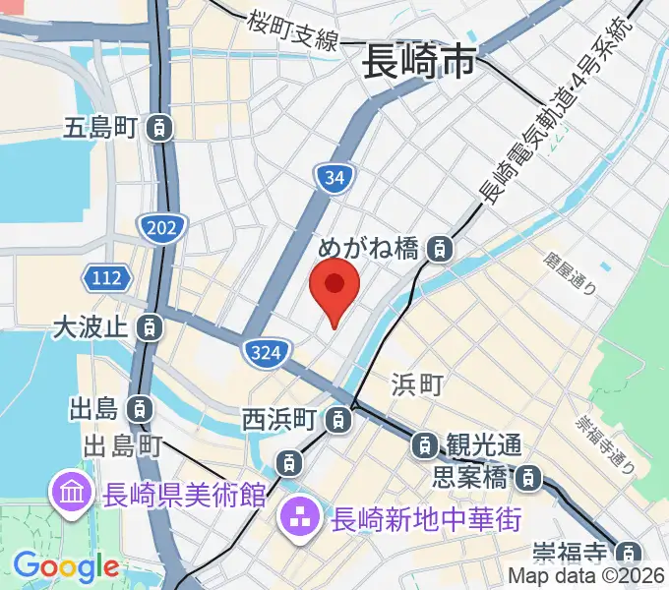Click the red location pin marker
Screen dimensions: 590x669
coord(334,286)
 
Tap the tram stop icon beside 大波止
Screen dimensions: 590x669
coord(150,325)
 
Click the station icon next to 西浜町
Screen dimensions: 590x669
coord(338,420)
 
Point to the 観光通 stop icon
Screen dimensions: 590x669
coord(424,444)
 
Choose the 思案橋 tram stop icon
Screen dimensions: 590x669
coord(529,479)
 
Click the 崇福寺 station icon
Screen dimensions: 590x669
coord(630,552)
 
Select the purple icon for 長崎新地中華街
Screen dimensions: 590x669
coord(297,516)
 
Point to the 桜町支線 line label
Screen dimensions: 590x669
coord(293,30)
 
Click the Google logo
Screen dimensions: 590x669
coord(66,566)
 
